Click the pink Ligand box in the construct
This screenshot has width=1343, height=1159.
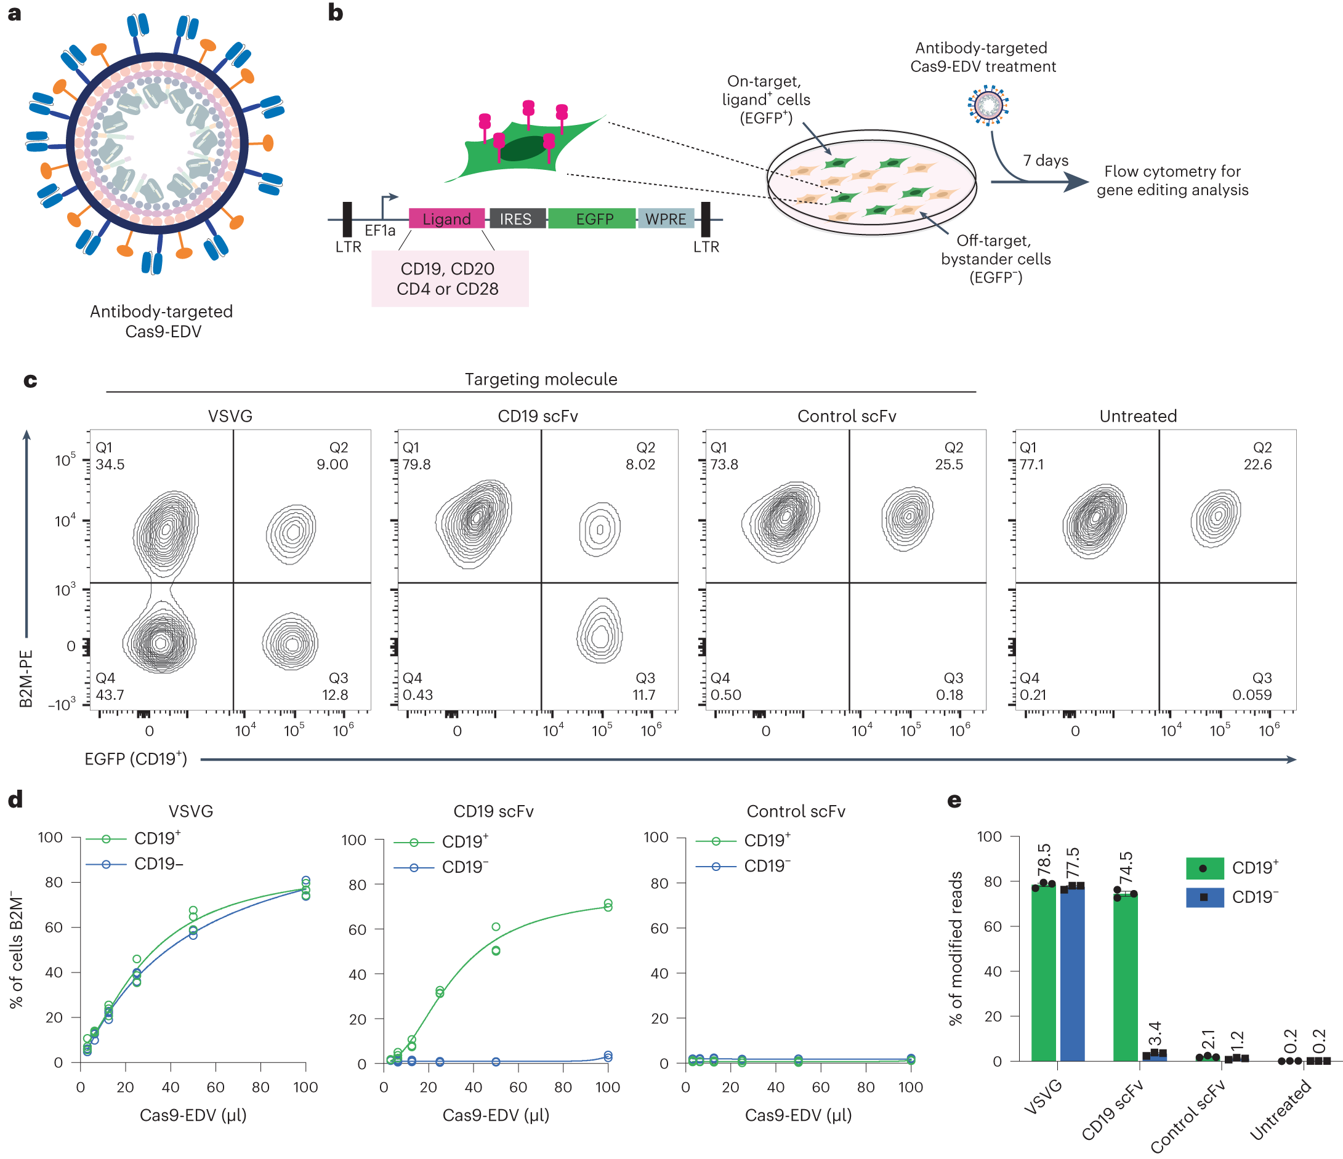coord(446,219)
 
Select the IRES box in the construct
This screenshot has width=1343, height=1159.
coord(517,219)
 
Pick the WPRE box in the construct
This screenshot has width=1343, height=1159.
coord(666,219)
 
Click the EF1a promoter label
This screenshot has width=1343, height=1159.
coord(380,231)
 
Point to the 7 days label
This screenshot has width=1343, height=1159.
coord(1046,160)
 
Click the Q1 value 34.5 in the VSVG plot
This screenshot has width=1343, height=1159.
coord(110,465)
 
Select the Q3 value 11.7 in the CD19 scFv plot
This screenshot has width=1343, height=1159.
coord(643,695)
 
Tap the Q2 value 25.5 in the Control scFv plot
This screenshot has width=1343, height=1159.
coord(948,465)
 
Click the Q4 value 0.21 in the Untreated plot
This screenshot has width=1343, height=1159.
coord(1033,695)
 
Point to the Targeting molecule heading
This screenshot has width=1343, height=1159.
coord(541,379)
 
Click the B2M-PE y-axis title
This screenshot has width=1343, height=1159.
coord(26,678)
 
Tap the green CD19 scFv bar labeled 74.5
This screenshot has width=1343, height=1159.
coord(1125,978)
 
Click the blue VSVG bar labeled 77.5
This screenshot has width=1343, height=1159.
coord(1073,975)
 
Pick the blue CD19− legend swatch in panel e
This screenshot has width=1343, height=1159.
coord(1204,897)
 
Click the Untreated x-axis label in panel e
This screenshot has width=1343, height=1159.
coord(1281,1109)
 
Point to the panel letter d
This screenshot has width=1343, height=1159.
coord(15,800)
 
